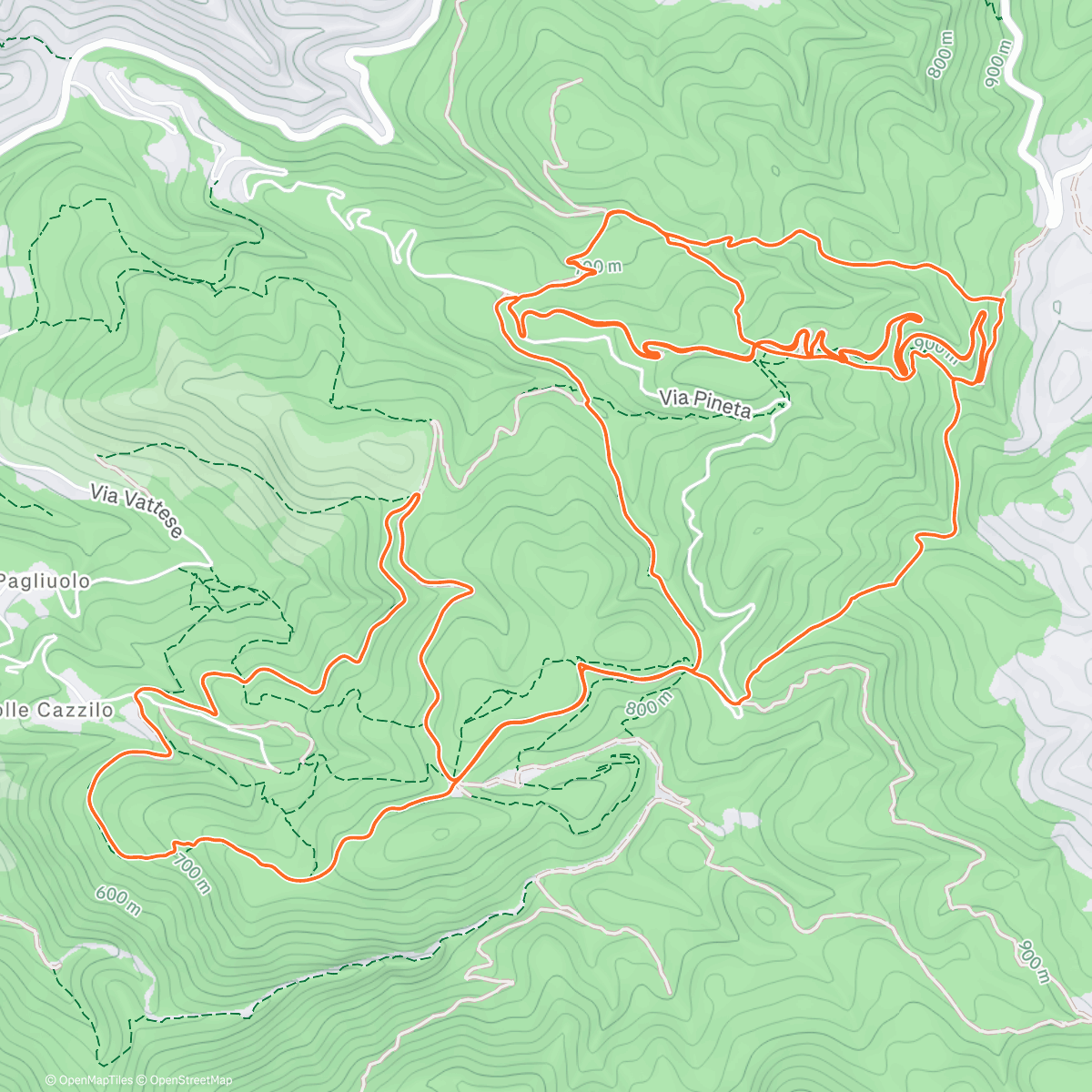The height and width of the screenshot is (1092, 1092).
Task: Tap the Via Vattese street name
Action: [136, 510]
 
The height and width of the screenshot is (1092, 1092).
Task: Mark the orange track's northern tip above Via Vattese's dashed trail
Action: [418, 494]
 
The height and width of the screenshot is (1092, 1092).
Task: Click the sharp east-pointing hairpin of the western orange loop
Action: [470, 591]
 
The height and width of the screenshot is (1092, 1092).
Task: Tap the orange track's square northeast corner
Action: [1002, 298]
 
